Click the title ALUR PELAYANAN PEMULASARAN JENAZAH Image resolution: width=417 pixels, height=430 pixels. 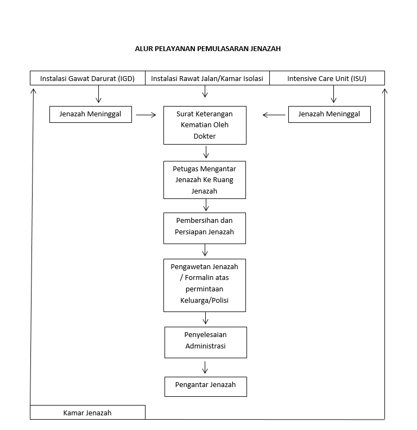tap(207, 49)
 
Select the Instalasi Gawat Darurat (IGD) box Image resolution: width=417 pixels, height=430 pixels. tap(87, 78)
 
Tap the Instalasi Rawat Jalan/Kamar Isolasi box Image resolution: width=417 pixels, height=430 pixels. tap(207, 78)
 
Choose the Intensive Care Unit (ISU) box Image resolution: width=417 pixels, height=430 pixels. tap(327, 78)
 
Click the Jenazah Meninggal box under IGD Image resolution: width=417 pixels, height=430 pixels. tap(91, 114)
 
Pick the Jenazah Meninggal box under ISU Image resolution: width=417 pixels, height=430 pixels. tap(330, 114)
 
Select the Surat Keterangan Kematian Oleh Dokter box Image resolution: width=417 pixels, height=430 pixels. tap(205, 126)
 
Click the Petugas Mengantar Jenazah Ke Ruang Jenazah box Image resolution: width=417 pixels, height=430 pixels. tap(205, 180)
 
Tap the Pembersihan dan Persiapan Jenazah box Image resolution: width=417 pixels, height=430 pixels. tap(205, 228)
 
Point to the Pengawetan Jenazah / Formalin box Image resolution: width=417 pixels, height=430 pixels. tap(205, 285)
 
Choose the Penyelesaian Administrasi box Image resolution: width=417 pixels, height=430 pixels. tap(206, 342)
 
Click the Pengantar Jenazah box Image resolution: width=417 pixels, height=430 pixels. tap(206, 387)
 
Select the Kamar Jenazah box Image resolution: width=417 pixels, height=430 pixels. tap(87, 412)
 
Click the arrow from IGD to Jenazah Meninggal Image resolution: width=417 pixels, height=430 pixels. tap(99, 94)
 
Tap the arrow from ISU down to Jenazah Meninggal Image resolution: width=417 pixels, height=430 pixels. tap(334, 94)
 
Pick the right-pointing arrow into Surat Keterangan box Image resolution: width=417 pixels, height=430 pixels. tap(146, 115)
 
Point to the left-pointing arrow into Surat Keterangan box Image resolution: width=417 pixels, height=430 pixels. tap(274, 115)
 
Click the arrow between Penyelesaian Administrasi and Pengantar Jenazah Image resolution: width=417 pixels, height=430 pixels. tap(205, 367)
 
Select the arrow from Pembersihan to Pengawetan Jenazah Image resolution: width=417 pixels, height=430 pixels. tap(205, 250)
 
